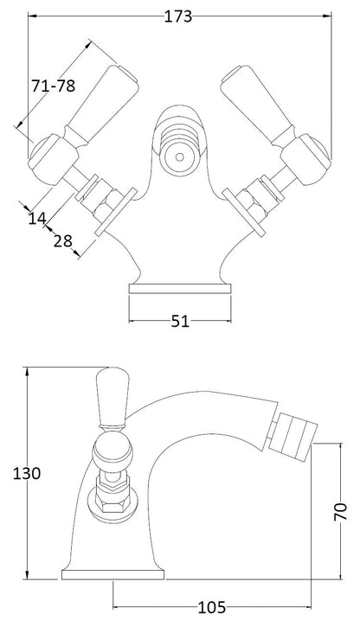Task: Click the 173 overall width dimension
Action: tap(178, 16)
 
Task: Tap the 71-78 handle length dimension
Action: tap(54, 86)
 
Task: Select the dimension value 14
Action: tap(37, 219)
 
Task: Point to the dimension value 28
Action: tap(63, 241)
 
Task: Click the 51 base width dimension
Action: tap(180, 322)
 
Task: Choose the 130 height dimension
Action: tap(27, 473)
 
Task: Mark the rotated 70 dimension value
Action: tap(341, 512)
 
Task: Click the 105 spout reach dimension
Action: tap(212, 607)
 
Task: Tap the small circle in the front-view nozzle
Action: tap(180, 157)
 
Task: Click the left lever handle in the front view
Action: tap(102, 105)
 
